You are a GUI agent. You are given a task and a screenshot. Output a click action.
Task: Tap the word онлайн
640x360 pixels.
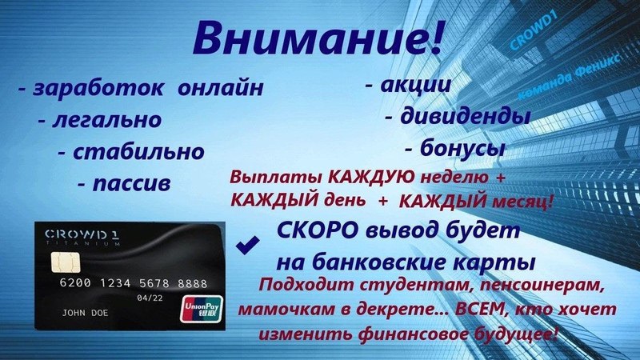pyautogui.click(x=221, y=87)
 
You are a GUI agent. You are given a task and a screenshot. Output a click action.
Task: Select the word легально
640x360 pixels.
pyautogui.click(x=107, y=120)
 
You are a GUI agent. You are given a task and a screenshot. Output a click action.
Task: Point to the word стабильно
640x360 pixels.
pyautogui.click(x=138, y=152)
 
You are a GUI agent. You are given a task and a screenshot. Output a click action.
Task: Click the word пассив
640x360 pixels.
pyautogui.click(x=131, y=184)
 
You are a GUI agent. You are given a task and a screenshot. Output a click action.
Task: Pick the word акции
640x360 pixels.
pyautogui.click(x=415, y=85)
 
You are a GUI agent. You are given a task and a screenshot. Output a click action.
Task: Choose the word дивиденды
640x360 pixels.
pyautogui.click(x=465, y=116)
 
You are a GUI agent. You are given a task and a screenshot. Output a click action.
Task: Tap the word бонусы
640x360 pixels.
pyautogui.click(x=462, y=148)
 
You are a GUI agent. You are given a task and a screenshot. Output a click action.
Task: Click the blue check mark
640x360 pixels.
pyautogui.click(x=247, y=245)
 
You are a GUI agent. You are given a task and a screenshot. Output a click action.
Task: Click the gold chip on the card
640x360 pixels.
pyautogui.click(x=66, y=262)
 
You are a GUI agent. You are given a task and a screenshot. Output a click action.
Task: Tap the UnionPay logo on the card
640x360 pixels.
pyautogui.click(x=202, y=309)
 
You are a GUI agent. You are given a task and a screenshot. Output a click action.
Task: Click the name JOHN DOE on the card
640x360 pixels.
pyautogui.click(x=85, y=313)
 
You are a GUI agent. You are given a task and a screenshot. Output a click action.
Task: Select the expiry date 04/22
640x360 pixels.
pyautogui.click(x=150, y=298)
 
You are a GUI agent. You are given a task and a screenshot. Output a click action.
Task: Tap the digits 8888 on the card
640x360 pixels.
pyautogui.click(x=192, y=283)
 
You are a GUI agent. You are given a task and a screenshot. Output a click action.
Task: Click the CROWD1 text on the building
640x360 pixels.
pyautogui.click(x=534, y=30)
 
